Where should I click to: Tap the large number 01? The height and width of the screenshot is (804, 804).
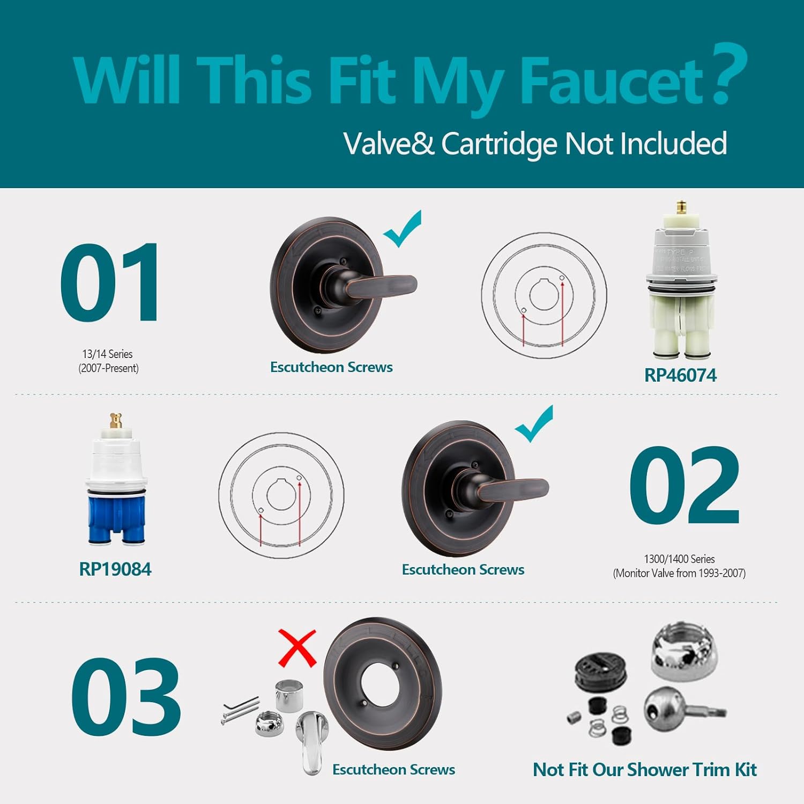[110, 282]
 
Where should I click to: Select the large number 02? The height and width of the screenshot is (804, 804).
[684, 485]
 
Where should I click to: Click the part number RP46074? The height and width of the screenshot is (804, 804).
[680, 375]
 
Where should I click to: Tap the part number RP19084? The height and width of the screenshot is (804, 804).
[115, 569]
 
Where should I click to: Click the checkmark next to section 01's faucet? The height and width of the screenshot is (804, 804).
[403, 229]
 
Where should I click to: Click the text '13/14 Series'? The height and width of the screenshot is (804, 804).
[107, 354]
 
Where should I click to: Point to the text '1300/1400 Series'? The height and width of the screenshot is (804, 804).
[679, 559]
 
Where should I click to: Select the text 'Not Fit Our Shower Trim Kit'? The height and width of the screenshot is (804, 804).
[644, 770]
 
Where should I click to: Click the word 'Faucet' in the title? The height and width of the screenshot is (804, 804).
[611, 80]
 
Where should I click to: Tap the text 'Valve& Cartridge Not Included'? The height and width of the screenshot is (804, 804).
[535, 144]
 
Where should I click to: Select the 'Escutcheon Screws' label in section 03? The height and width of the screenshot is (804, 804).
[393, 770]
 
